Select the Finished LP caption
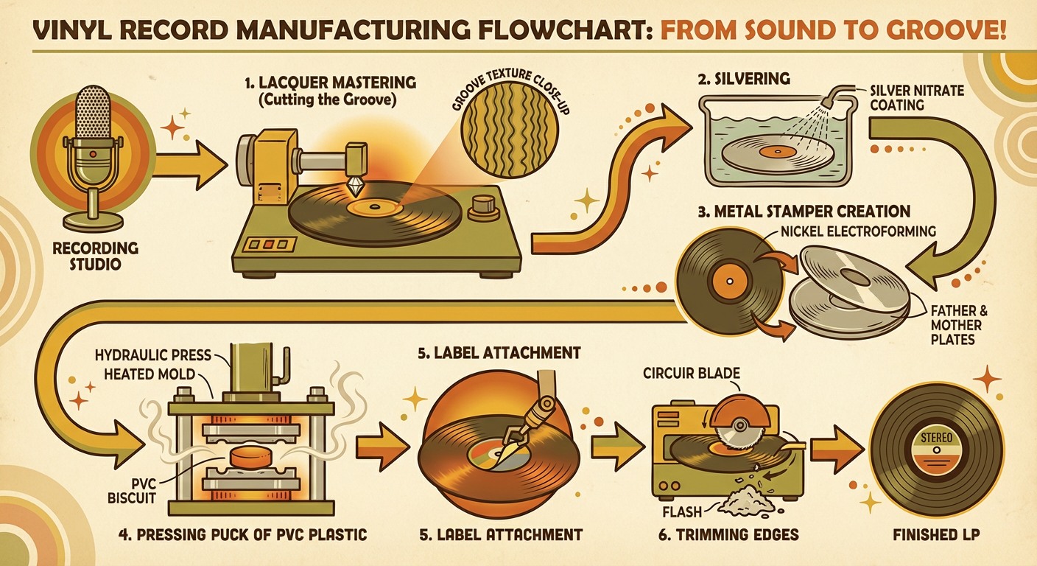[x=935, y=534]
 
